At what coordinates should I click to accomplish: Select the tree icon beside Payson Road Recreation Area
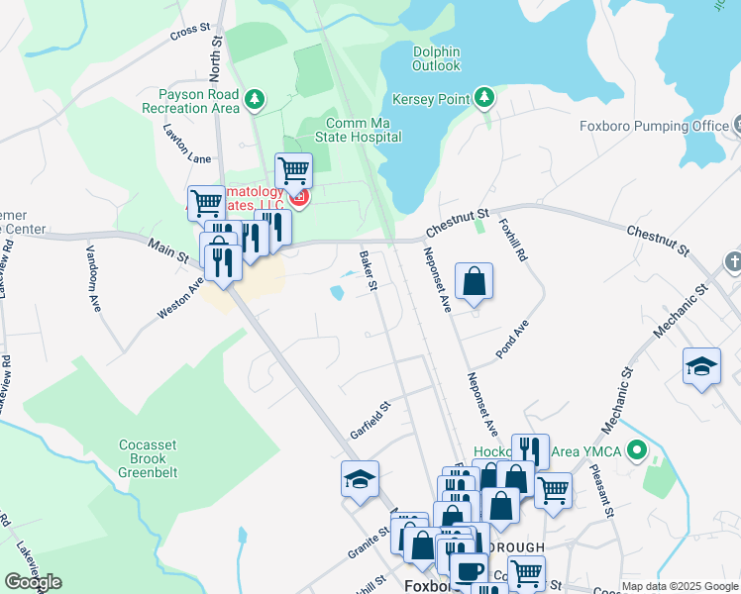point(256,99)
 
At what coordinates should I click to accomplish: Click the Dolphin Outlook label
point(436,57)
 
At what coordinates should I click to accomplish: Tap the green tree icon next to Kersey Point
point(484,98)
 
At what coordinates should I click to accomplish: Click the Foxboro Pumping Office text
point(654,127)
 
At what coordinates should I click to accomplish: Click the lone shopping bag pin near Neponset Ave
point(475,280)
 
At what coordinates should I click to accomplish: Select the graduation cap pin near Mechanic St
point(701,366)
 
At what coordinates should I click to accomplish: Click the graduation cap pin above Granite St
point(360,479)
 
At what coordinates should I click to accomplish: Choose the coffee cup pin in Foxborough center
point(469,570)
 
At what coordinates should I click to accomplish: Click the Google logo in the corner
point(33,582)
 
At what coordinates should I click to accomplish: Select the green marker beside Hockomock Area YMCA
point(640,455)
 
